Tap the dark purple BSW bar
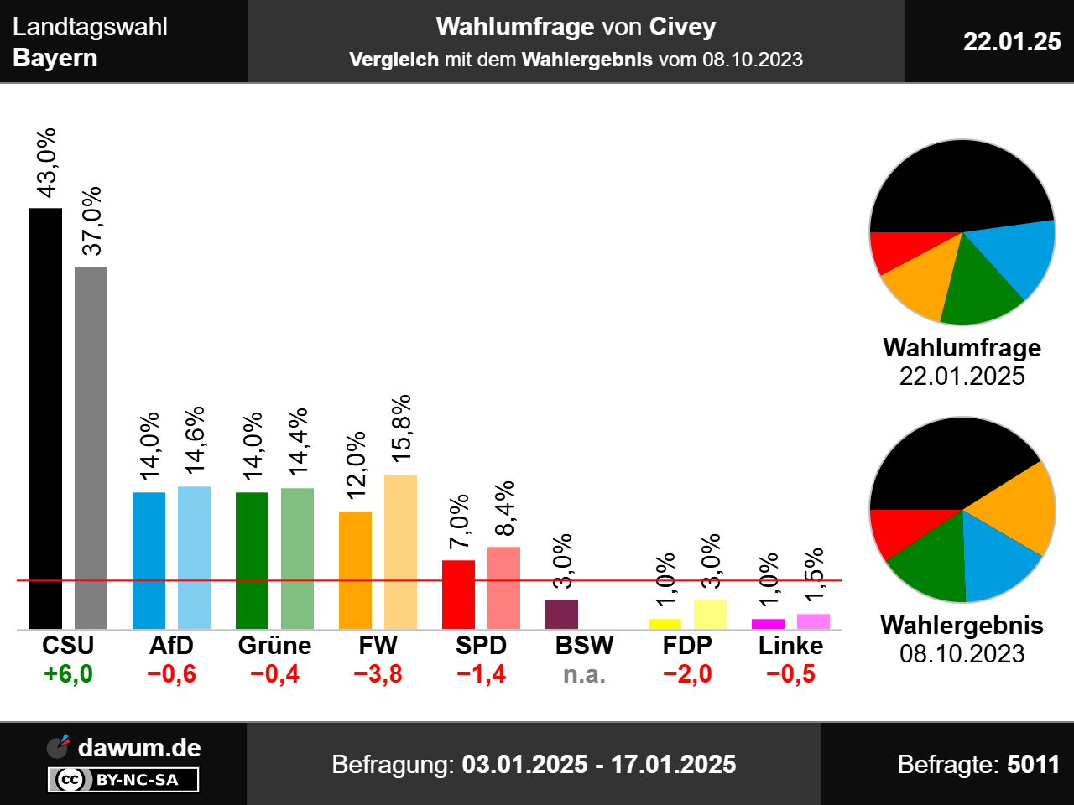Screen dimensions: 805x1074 click(x=561, y=614)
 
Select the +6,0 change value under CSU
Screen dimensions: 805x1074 click(x=68, y=674)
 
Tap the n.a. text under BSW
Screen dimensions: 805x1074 click(x=584, y=674)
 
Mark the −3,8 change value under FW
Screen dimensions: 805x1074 click(x=378, y=674)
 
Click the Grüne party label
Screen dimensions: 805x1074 click(x=274, y=646)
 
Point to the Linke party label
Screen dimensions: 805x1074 click(x=790, y=646)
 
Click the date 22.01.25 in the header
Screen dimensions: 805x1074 click(x=1012, y=41)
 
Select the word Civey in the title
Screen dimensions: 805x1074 click(x=682, y=27)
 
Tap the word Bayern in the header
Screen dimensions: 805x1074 click(x=55, y=58)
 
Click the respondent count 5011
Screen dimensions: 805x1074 click(x=1033, y=765)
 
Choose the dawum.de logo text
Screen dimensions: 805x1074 click(x=139, y=748)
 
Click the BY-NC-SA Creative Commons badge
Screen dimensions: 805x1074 click(x=123, y=780)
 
